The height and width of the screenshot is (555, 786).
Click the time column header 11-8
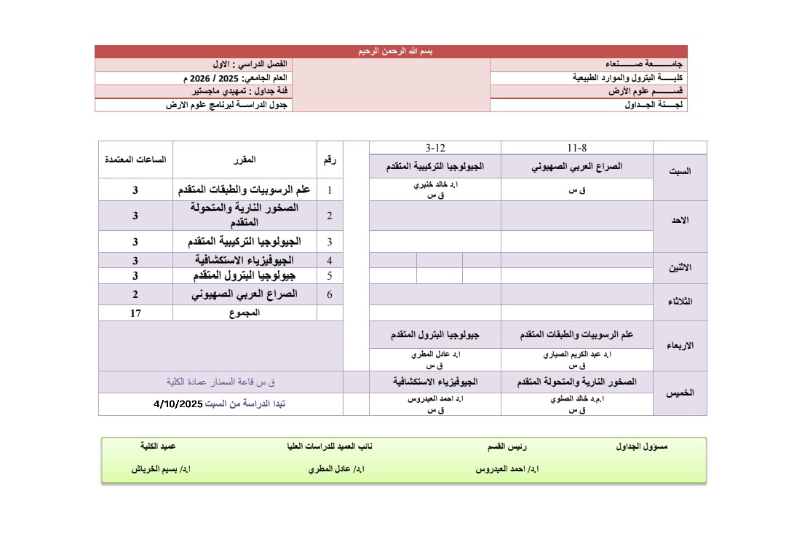pos(577,147)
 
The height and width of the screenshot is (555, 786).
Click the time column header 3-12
pos(435,147)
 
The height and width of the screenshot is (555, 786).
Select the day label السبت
pos(680,172)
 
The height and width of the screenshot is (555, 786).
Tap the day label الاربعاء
pos(680,346)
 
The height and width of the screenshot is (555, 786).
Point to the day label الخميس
pos(680,393)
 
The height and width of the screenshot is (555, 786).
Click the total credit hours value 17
pos(135,313)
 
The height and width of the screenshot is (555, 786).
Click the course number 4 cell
pos(330,260)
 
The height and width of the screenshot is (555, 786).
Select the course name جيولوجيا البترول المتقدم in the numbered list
pos(245,276)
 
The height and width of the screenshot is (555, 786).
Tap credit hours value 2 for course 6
pos(135,294)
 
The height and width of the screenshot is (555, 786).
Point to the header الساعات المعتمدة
pos(135,160)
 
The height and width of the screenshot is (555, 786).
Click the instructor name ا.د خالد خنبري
pos(435,186)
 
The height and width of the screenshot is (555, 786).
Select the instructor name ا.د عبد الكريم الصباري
pos(577,355)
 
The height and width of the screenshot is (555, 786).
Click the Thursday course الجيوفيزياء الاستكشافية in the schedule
pos(435,382)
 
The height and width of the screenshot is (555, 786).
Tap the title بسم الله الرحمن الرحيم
pos(391,52)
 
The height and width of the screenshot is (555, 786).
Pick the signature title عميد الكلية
pos(158,446)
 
